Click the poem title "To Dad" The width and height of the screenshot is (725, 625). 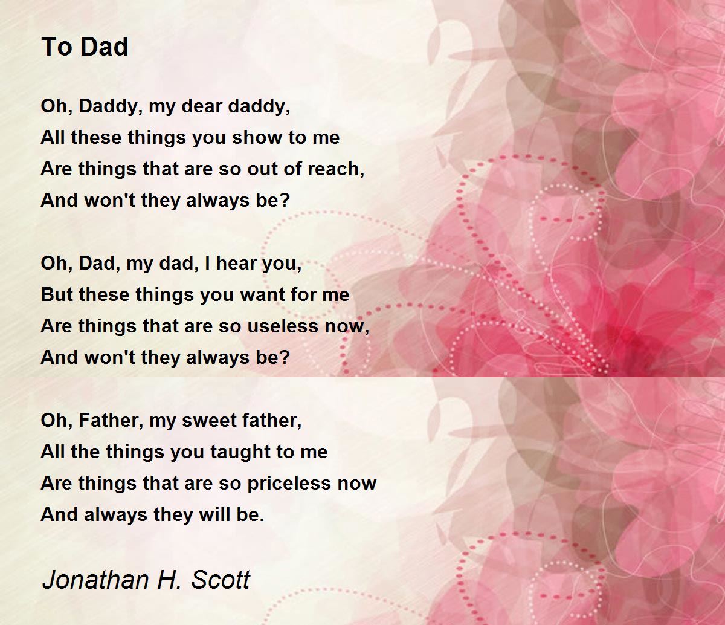click(85, 47)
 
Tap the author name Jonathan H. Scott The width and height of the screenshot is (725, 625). click(146, 580)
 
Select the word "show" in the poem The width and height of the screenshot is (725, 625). click(257, 137)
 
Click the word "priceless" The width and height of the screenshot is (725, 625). click(289, 483)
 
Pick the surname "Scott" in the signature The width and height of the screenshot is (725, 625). click(221, 580)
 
